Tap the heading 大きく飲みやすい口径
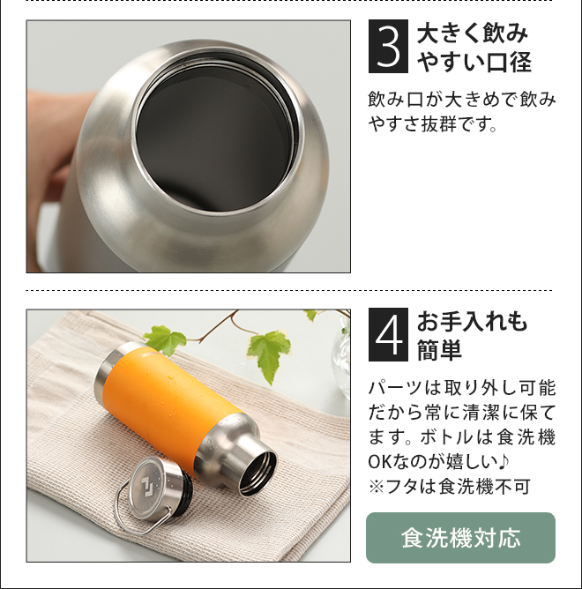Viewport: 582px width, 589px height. (x=474, y=48)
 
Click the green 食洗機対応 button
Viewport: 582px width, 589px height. (x=460, y=537)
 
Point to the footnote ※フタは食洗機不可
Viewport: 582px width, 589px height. (x=449, y=486)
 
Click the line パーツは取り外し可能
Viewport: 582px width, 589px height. (x=461, y=388)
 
